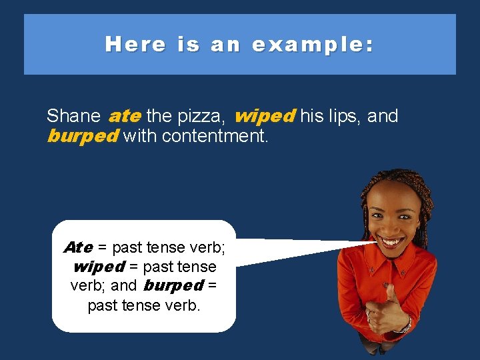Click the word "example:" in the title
point(313,45)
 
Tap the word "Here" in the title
point(135,45)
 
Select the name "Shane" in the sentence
point(73,116)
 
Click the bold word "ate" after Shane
point(124,116)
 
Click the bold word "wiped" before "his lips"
point(265,116)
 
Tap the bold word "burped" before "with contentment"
point(83,137)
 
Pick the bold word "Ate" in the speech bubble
point(78,247)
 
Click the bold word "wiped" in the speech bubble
point(98,267)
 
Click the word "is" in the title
point(188,45)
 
